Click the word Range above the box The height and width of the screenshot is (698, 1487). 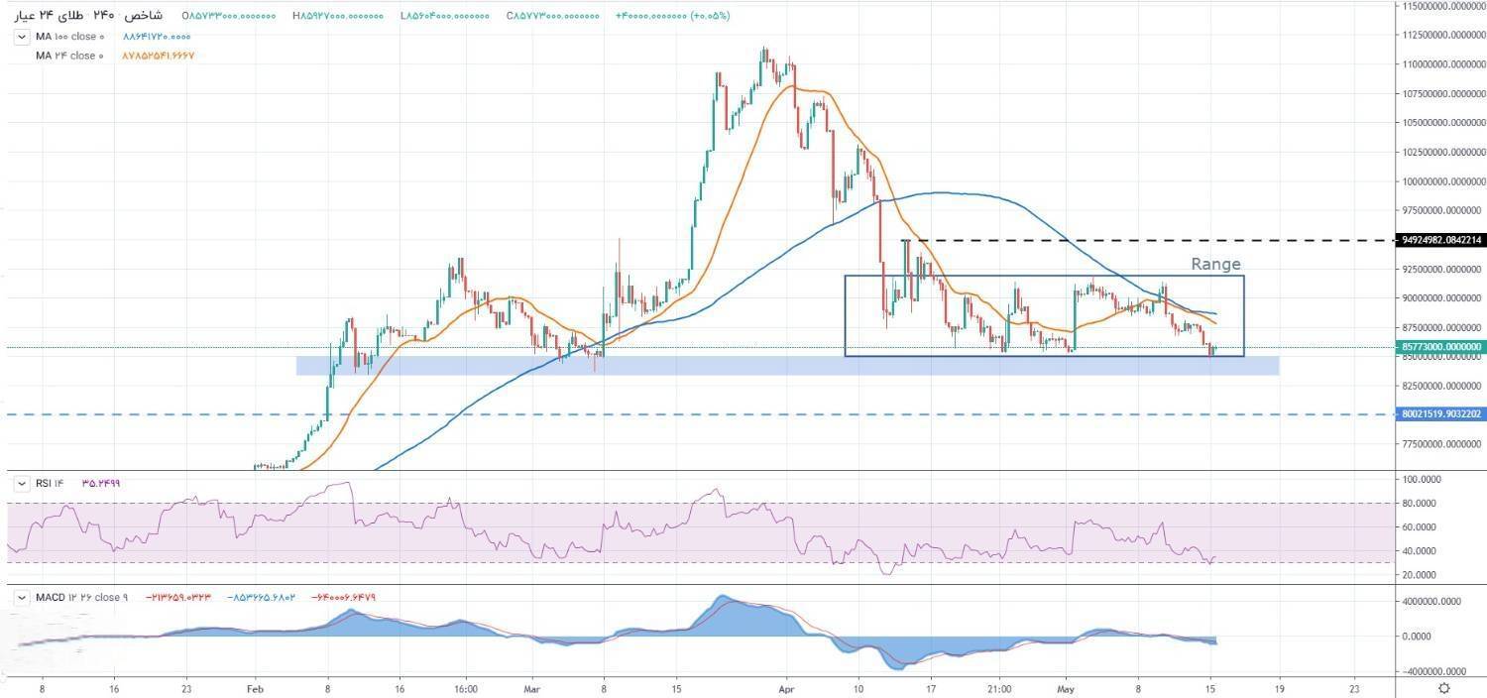1215,265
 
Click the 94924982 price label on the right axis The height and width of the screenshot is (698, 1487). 1442,240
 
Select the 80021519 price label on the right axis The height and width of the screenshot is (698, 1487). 1442,413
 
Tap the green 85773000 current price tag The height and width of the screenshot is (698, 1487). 1442,347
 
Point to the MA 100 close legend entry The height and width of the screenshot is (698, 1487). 69,37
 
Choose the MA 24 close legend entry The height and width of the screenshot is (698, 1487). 69,56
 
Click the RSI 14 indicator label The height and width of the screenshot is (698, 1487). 51,483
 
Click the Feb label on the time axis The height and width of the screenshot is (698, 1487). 255,688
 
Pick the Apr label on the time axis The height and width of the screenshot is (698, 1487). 786,688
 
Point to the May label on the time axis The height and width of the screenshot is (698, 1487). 1066,688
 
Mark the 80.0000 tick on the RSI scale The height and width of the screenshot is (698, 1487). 1424,503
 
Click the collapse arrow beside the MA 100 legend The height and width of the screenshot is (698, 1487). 22,37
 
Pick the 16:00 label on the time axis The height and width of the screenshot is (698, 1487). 466,688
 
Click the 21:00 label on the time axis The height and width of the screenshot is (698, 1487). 999,688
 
